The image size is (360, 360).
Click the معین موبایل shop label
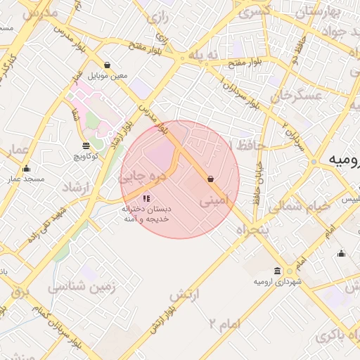click(108, 75)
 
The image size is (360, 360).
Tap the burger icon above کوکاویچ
click(86, 146)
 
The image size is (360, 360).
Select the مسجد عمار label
click(27, 179)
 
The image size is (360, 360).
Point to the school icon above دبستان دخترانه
click(146, 199)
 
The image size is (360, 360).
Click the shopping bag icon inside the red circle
click(210, 179)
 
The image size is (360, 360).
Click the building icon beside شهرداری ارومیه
click(278, 271)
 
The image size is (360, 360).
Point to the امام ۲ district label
click(225, 323)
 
